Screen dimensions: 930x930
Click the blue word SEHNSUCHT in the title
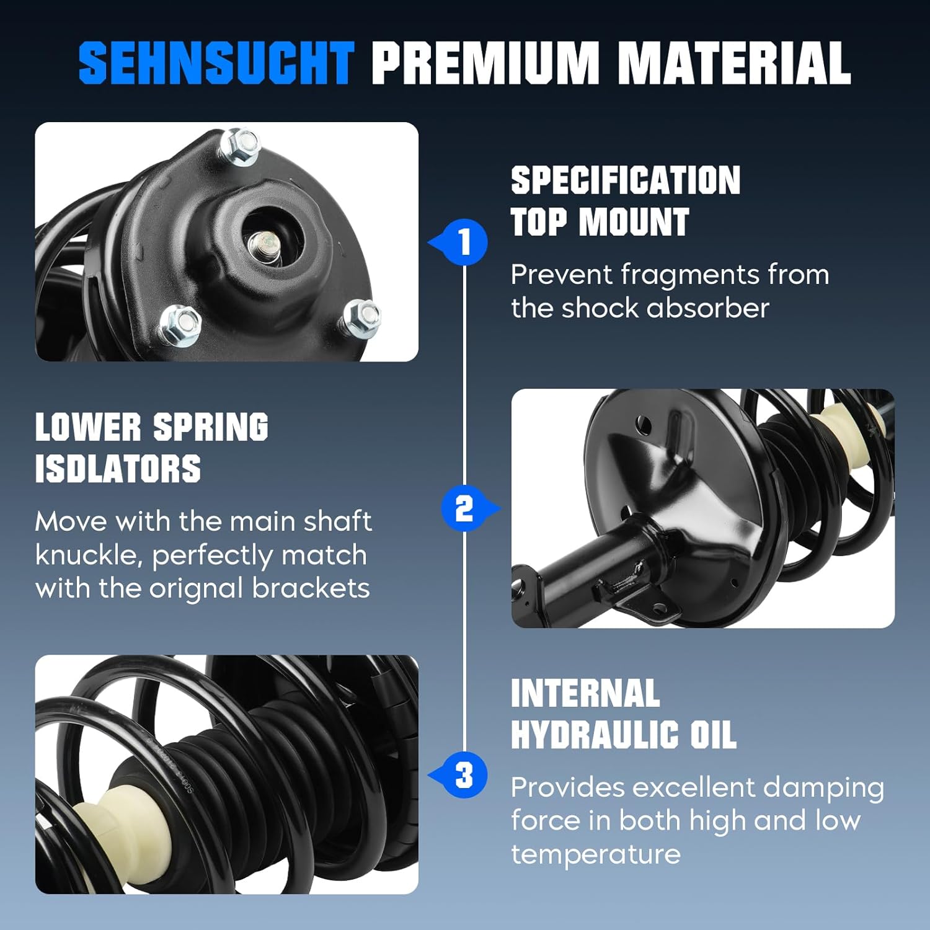point(216,63)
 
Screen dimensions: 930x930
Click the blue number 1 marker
point(465,242)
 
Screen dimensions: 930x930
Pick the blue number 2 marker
point(465,508)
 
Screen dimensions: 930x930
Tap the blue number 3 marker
point(465,775)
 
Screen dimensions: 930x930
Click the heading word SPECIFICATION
point(625,181)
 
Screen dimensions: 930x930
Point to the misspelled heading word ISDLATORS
point(118,469)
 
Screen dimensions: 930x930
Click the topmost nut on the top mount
point(240,146)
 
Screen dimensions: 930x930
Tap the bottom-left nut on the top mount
point(180,325)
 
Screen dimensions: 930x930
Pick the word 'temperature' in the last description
point(595,854)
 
